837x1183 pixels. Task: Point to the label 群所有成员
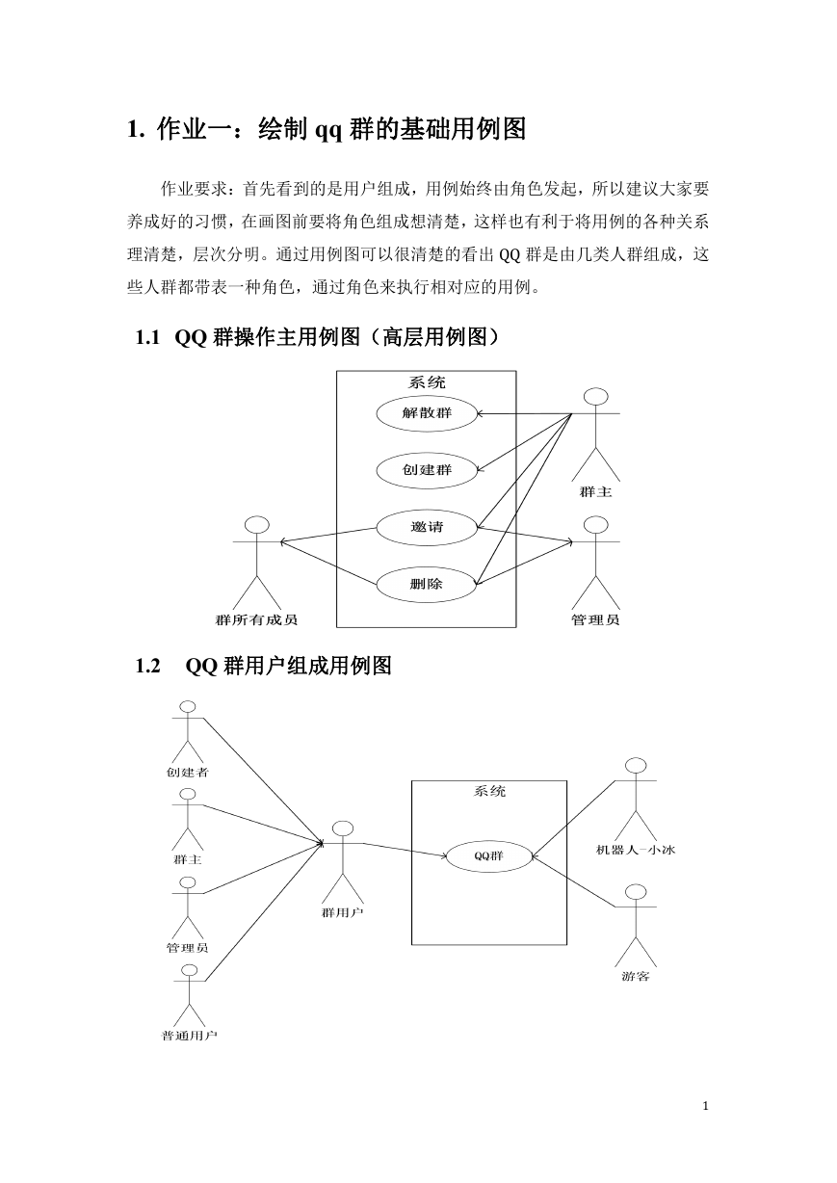pyautogui.click(x=256, y=619)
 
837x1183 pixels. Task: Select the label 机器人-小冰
pyautogui.click(x=636, y=850)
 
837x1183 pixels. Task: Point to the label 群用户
pyautogui.click(x=343, y=912)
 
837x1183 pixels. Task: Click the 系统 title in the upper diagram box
pyautogui.click(x=427, y=382)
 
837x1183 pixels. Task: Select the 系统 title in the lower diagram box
pyautogui.click(x=489, y=791)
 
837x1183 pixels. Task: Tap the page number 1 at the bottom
pyautogui.click(x=705, y=1106)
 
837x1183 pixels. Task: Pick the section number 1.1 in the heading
pyautogui.click(x=147, y=337)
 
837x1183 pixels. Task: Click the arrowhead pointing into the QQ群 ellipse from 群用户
pyautogui.click(x=444, y=855)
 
